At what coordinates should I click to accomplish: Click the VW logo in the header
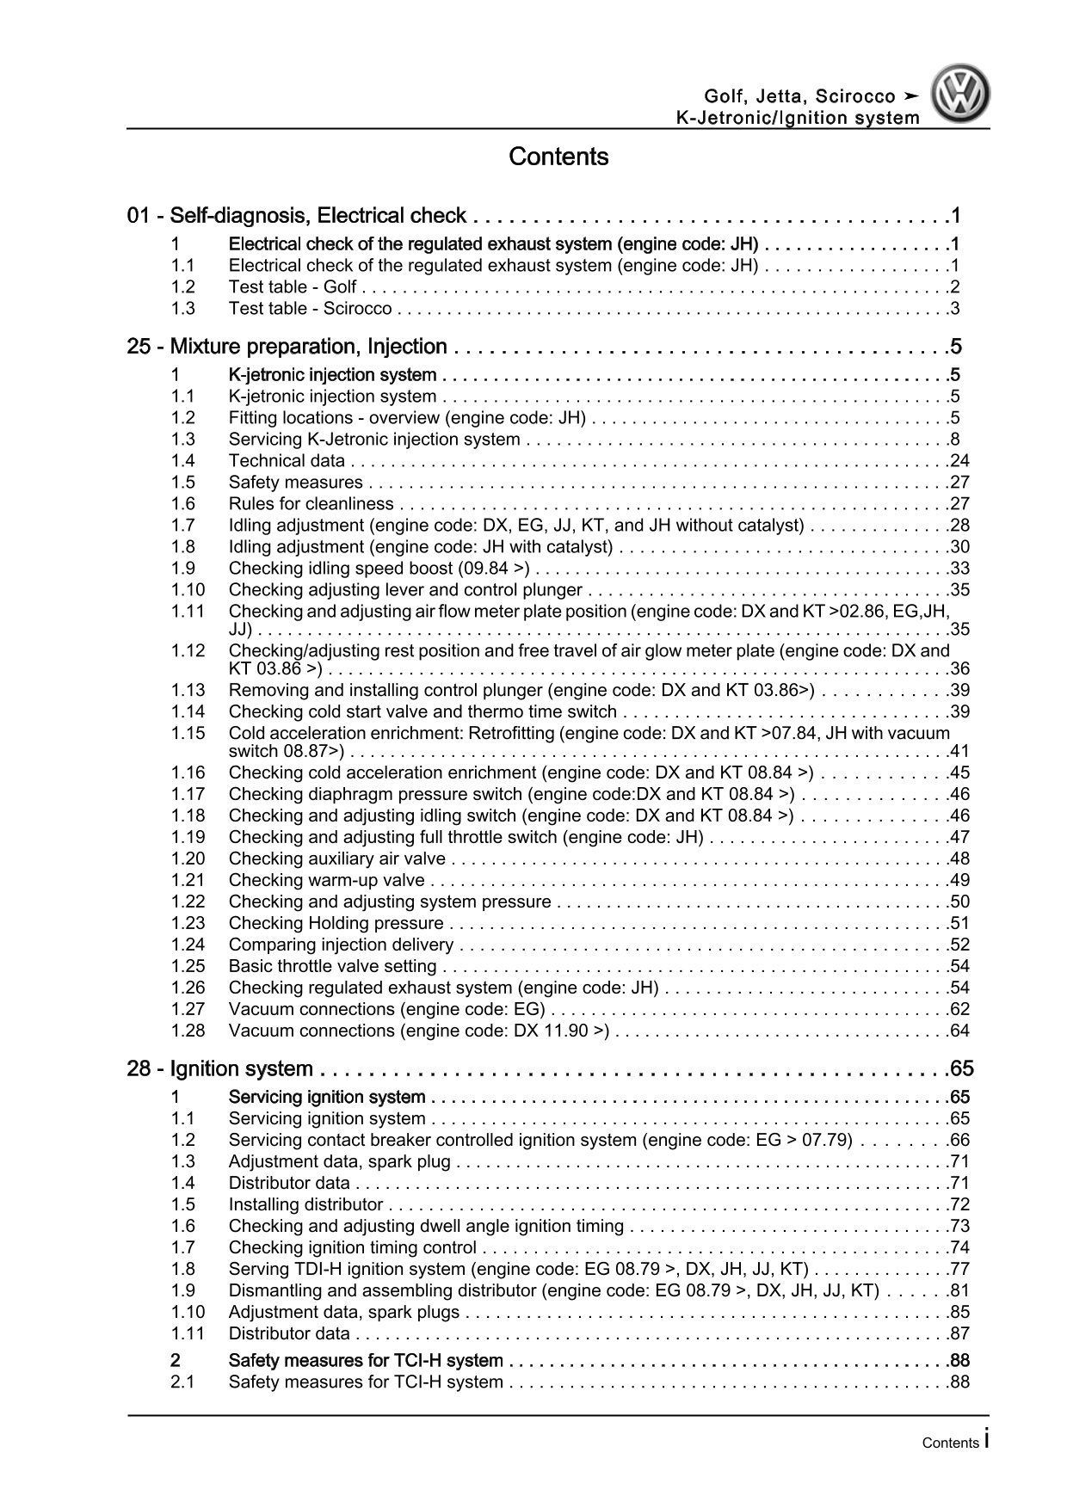[962, 96]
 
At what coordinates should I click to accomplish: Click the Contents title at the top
[558, 157]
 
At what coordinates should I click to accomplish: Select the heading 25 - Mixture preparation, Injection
[287, 347]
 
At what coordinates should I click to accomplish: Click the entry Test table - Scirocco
[310, 309]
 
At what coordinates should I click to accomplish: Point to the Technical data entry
[287, 461]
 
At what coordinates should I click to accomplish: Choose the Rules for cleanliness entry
[311, 504]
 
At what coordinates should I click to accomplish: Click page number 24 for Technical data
[959, 461]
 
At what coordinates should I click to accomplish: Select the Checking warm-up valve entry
[326, 880]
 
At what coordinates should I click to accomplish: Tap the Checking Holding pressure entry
[336, 923]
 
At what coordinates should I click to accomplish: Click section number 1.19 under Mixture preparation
[188, 837]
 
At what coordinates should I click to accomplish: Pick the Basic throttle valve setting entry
[332, 966]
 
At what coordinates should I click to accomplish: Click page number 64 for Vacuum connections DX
[959, 1031]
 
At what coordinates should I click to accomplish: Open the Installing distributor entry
[305, 1204]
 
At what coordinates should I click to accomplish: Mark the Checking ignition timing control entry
[352, 1247]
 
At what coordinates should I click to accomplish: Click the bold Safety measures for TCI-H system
[366, 1360]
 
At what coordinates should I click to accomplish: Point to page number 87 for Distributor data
[959, 1333]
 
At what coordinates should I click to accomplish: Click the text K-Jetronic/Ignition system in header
[797, 119]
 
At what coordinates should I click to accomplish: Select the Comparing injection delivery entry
[341, 945]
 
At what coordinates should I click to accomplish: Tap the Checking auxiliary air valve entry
[336, 859]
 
